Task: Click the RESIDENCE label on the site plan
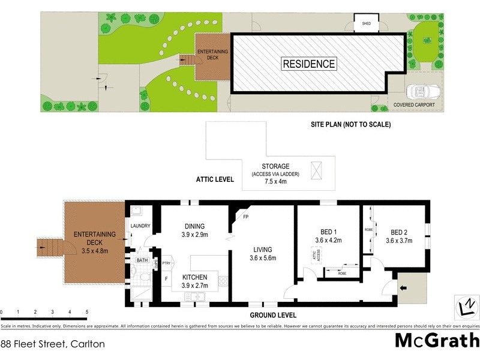[309, 64]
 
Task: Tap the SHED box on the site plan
[365, 25]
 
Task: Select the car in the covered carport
[425, 92]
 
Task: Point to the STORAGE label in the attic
[276, 166]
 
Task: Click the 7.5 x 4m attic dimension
[276, 182]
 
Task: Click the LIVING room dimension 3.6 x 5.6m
[262, 259]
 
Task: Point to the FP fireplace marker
[246, 217]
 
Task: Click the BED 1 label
[327, 233]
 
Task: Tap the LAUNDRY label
[140, 226]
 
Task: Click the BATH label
[142, 260]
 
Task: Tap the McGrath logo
[437, 340]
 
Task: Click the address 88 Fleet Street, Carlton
[53, 344]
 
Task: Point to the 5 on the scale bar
[87, 313]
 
